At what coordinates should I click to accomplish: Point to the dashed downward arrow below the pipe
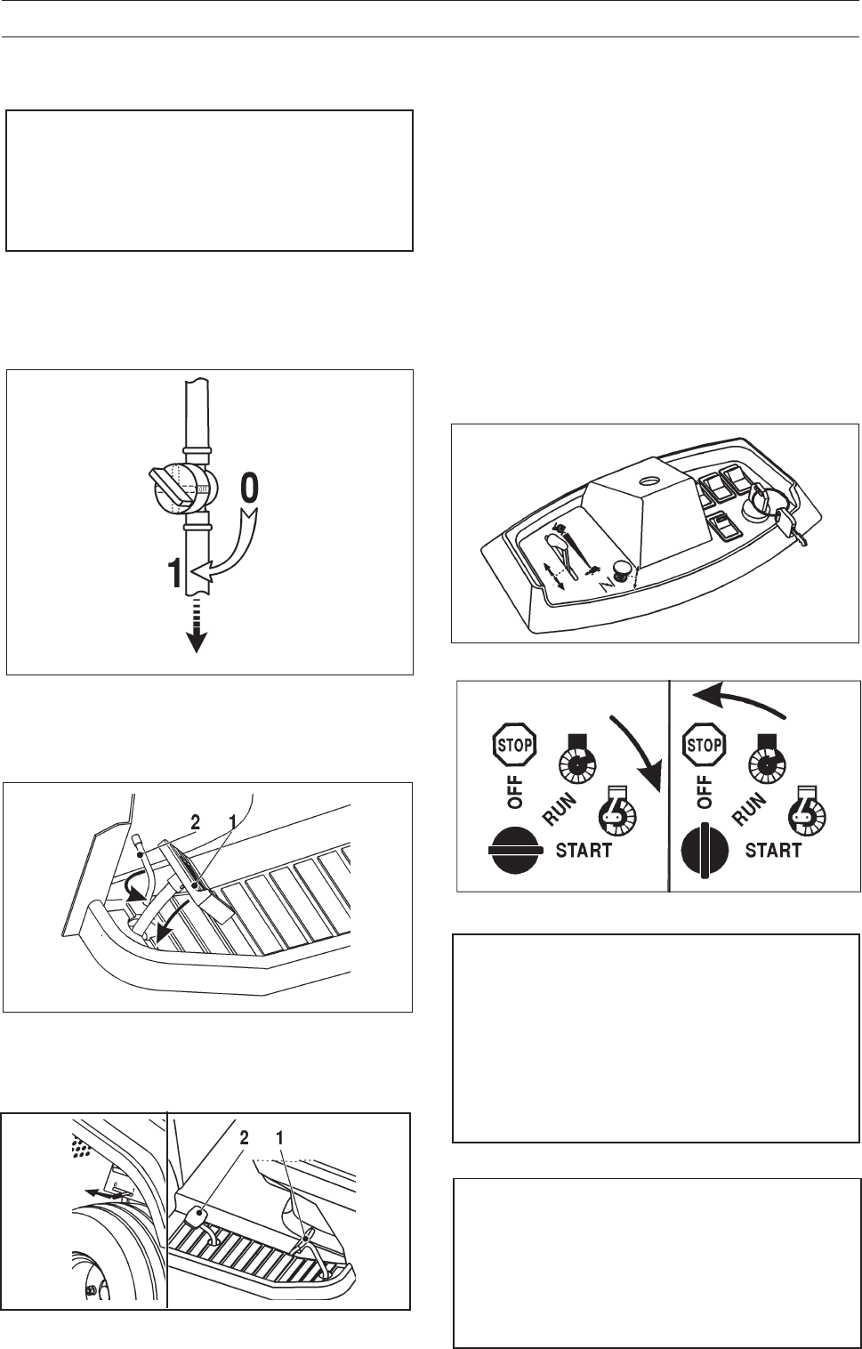pos(197,626)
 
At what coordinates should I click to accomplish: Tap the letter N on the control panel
pos(607,582)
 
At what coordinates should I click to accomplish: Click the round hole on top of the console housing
pos(649,481)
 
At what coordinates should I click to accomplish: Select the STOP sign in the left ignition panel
pos(514,745)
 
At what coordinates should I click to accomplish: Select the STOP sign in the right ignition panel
pos(704,745)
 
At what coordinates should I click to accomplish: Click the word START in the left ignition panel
pos(584,851)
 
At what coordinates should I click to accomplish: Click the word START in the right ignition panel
pos(773,851)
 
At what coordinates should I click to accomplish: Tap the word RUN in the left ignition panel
pos(560,809)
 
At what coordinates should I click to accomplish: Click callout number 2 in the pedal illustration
pos(195,822)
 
